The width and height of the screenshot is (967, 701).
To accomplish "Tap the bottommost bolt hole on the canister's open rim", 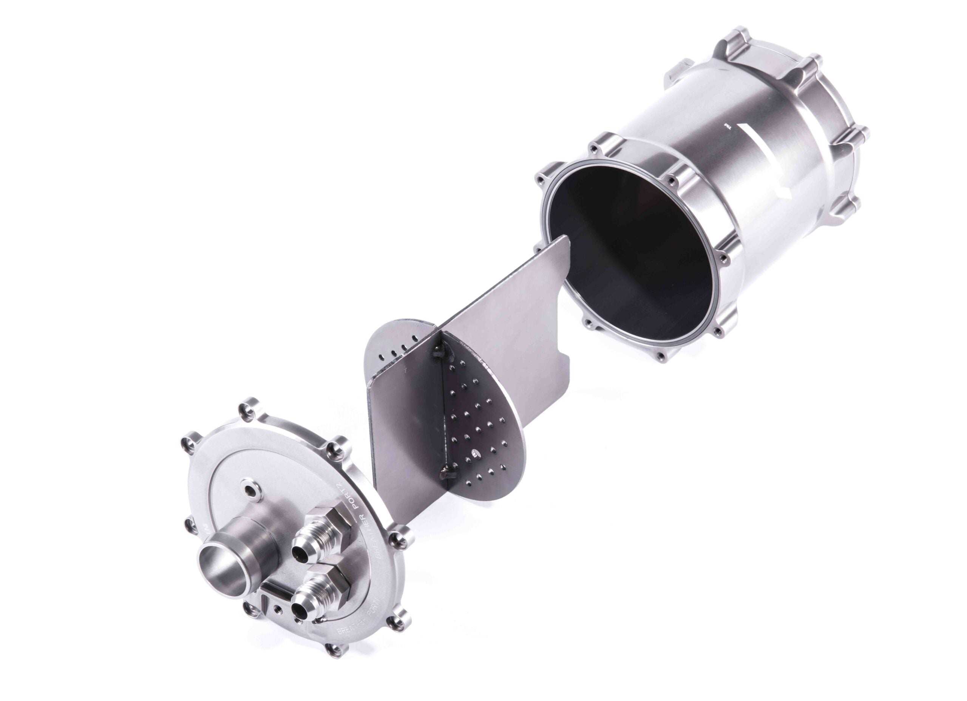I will tap(661, 355).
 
